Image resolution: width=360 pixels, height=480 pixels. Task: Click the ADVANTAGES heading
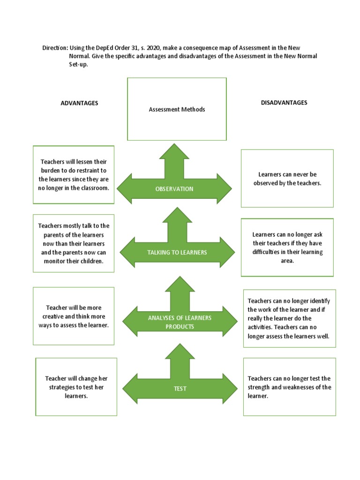pyautogui.click(x=79, y=103)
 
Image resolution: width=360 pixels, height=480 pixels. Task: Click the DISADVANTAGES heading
pyautogui.click(x=284, y=103)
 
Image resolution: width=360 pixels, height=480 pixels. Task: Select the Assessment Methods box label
pyautogui.click(x=177, y=109)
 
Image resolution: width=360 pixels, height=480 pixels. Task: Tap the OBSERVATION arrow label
pyautogui.click(x=174, y=189)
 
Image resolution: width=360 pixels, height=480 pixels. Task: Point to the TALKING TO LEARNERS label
pyautogui.click(x=177, y=252)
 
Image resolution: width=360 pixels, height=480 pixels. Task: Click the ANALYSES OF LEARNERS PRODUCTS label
pyautogui.click(x=180, y=322)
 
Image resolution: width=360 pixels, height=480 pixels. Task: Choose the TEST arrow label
pyautogui.click(x=180, y=389)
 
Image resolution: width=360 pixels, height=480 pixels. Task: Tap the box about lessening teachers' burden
pyautogui.click(x=74, y=175)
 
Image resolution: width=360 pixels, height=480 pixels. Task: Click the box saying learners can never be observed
pyautogui.click(x=287, y=179)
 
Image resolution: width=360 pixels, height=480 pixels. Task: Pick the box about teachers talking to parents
pyautogui.click(x=74, y=243)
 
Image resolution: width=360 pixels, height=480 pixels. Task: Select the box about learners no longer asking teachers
pyautogui.click(x=287, y=247)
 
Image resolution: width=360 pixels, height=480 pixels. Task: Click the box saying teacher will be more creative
pyautogui.click(x=74, y=316)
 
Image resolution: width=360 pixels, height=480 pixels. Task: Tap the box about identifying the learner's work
pyautogui.click(x=289, y=319)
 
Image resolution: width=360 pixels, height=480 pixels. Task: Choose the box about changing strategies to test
pyautogui.click(x=76, y=387)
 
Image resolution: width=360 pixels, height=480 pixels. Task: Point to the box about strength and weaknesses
pyautogui.click(x=289, y=387)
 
